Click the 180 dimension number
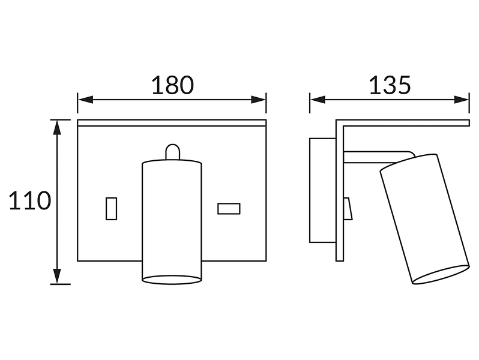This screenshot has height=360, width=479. tap(173, 85)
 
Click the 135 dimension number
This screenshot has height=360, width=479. tap(390, 85)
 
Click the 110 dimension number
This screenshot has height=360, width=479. tap(29, 200)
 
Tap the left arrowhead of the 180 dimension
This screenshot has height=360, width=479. tap(85, 100)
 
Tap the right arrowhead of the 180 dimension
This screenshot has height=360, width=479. tap(259, 100)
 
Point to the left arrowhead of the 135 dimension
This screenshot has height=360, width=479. tap(318, 100)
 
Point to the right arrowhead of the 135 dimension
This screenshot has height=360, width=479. tap(461, 100)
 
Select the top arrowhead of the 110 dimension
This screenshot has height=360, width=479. tap(57, 127)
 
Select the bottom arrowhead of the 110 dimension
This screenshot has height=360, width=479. tap(57, 277)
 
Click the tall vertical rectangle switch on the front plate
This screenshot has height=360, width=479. tap(111, 209)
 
